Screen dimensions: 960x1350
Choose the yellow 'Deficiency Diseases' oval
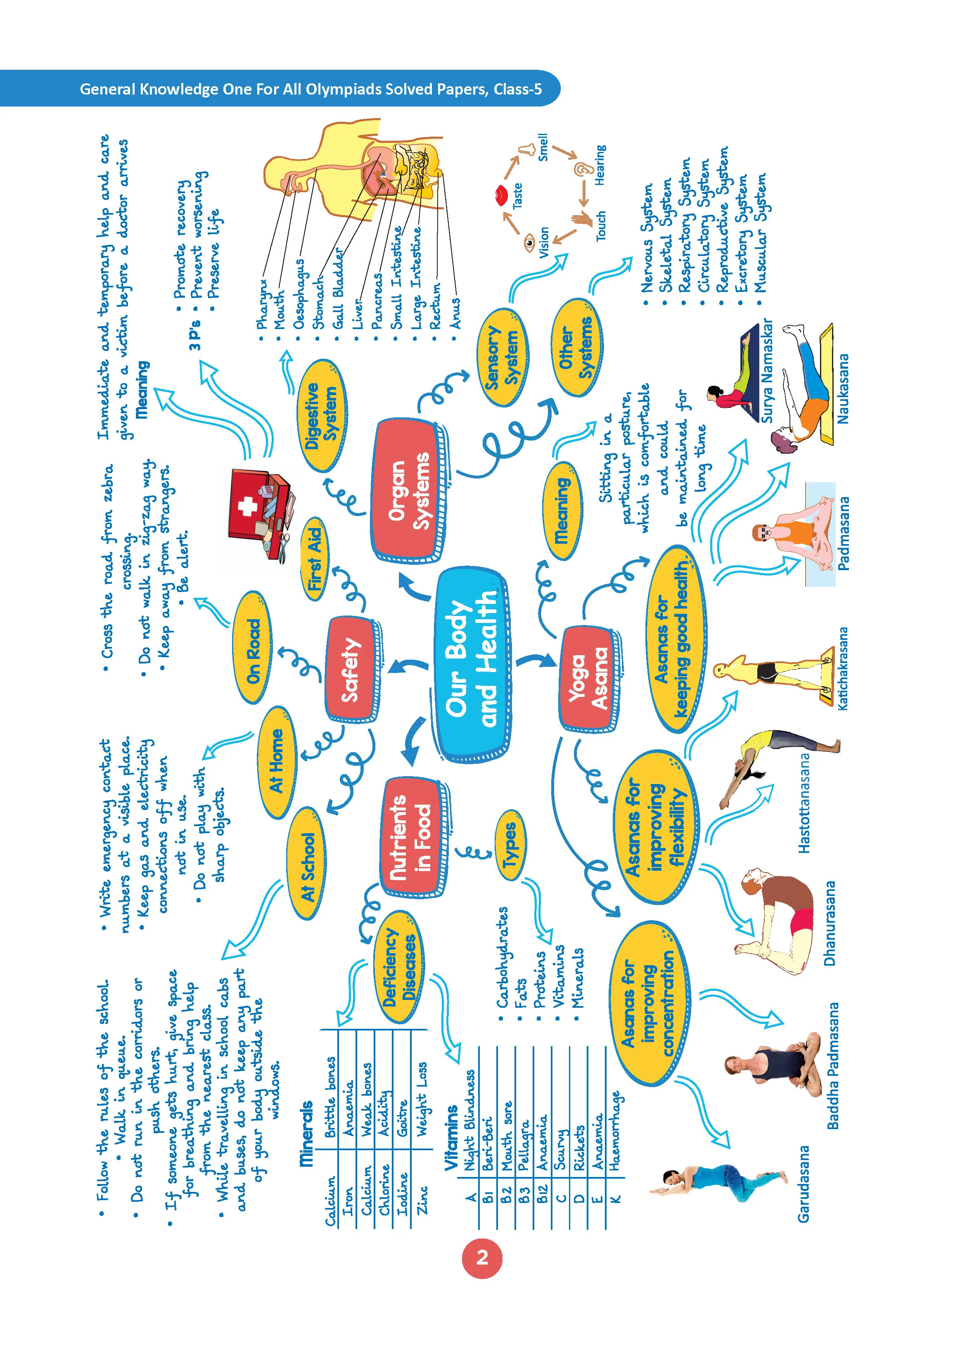coord(400,968)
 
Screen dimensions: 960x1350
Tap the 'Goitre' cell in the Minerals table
coord(403,1118)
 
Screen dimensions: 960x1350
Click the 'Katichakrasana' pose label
coord(842,668)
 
